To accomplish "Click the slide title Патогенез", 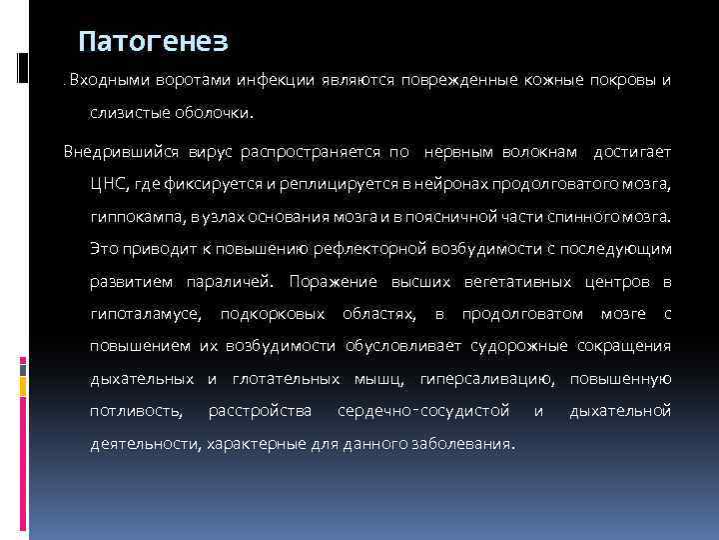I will (x=154, y=41).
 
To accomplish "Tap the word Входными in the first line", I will (x=104, y=78).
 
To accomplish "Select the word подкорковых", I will (x=273, y=314).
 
